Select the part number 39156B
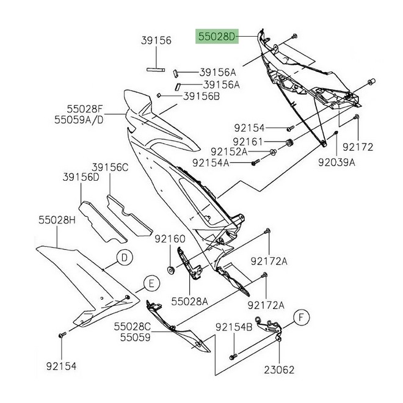point(185,96)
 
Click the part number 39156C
point(111,167)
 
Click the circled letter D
point(124,258)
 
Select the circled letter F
point(301,317)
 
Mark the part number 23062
point(281,369)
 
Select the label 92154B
point(233,327)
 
